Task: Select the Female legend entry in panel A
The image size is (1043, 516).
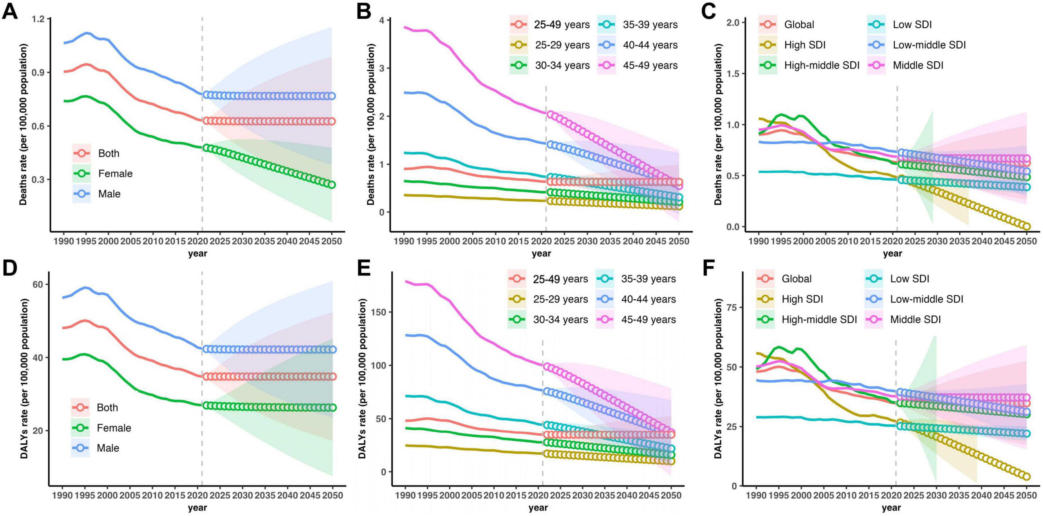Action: pos(115,173)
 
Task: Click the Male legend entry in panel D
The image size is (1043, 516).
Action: pos(108,448)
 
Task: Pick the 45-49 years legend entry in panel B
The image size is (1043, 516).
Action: pos(650,65)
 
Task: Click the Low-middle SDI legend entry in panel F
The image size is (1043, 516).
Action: pos(926,299)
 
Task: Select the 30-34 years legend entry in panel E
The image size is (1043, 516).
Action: pos(560,319)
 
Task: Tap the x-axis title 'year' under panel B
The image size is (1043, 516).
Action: pos(541,254)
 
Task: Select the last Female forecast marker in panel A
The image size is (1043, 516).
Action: pos(332,184)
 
